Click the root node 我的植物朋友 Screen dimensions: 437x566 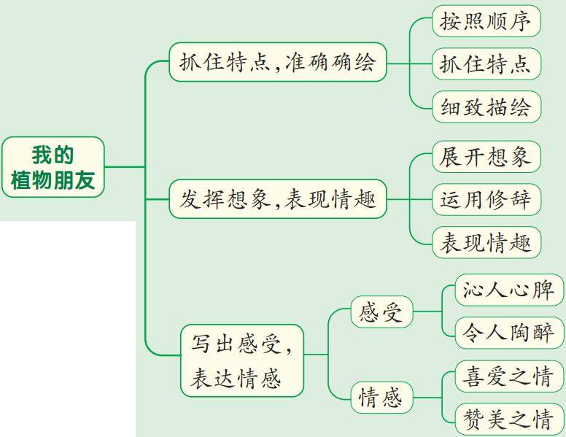coord(53,167)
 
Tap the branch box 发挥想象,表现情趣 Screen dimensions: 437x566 coord(277,198)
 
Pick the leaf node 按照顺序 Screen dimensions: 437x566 coord(486,22)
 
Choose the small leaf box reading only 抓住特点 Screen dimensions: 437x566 coord(486,64)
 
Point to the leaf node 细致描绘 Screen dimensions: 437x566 coord(486,107)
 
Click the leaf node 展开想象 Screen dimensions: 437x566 coord(486,157)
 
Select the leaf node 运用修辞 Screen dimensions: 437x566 coord(486,199)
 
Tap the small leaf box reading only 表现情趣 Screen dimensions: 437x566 coord(486,242)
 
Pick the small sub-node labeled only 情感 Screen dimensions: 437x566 coord(381,398)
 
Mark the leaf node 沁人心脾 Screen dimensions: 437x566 coord(508,291)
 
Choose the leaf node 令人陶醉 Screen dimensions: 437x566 coord(508,333)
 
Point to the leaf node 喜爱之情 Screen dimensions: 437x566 coord(508,377)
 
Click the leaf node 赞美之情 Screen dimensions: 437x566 coord(508,419)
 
